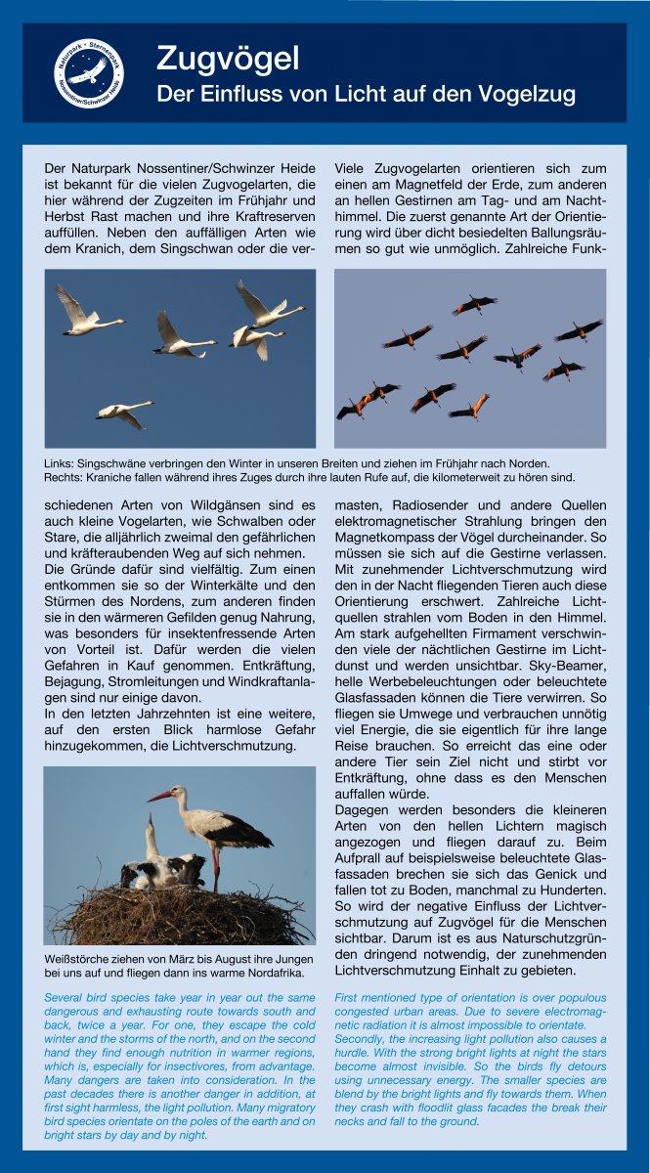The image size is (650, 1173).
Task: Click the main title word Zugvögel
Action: (228, 59)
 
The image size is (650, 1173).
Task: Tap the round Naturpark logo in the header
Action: (88, 72)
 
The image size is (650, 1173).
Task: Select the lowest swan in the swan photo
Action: (124, 411)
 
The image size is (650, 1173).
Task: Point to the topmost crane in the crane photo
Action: (474, 305)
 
